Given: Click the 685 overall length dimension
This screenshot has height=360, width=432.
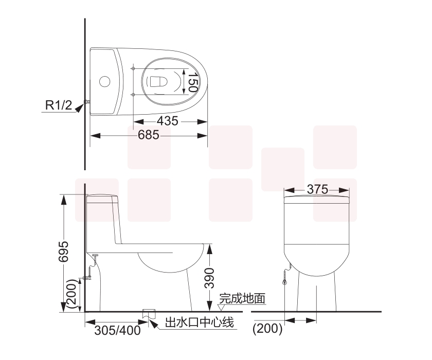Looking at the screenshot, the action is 149,135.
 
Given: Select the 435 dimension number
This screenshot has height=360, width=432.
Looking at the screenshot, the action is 168,121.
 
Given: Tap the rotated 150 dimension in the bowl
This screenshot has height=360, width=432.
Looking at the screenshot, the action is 192,82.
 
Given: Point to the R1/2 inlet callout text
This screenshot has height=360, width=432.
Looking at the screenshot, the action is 59,105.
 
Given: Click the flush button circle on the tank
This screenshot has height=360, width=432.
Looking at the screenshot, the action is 104,81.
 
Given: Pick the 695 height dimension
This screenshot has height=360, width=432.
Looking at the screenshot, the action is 63,251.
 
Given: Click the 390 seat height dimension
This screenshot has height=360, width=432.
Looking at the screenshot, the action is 209,278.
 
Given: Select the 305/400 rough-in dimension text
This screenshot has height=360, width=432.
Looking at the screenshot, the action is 117,330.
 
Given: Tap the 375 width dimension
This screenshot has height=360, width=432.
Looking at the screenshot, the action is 317,189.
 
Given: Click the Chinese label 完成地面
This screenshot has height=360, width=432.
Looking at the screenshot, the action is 242,298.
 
